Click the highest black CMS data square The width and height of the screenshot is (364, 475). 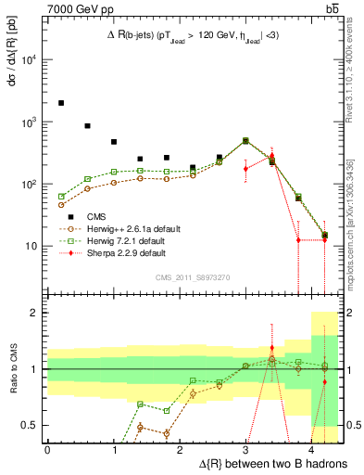[x=61, y=103]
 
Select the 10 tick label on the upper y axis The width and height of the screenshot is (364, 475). [x=30, y=247]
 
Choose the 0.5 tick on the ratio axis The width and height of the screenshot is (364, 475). [x=31, y=425]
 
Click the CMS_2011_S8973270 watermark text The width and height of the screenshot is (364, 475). [x=192, y=277]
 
